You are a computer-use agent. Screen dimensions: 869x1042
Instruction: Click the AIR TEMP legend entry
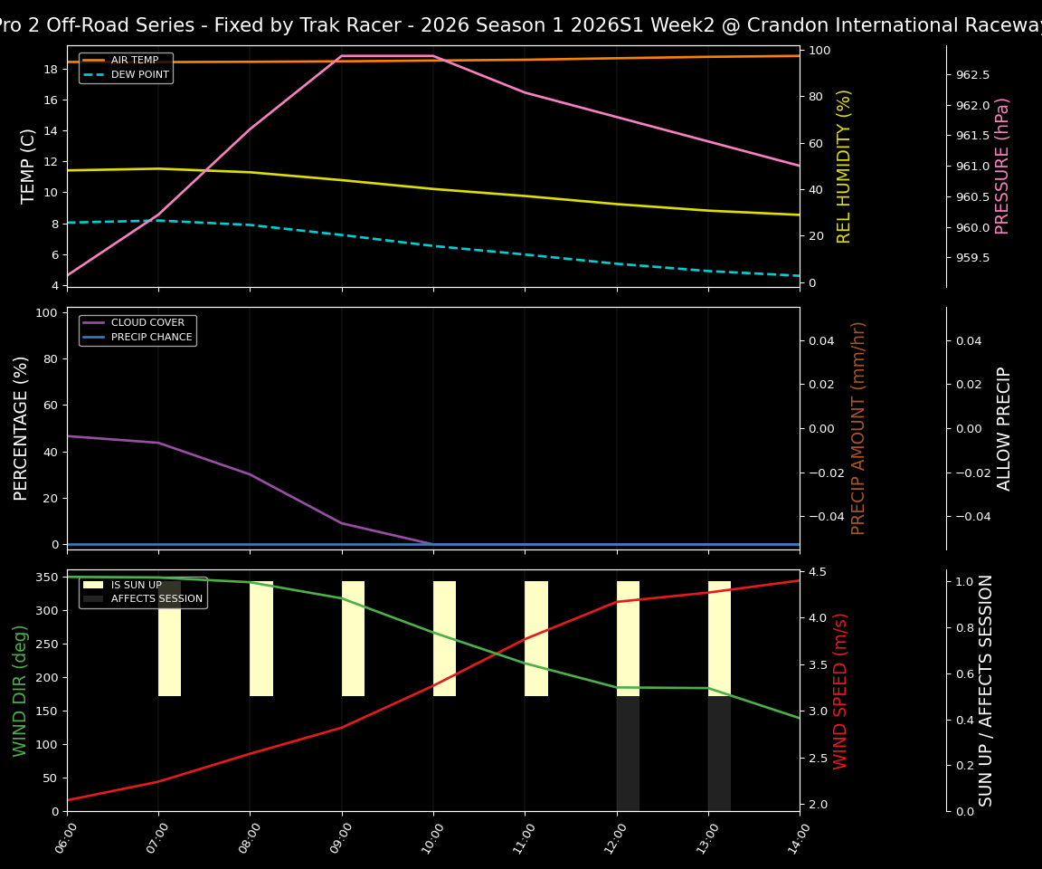pyautogui.click(x=135, y=61)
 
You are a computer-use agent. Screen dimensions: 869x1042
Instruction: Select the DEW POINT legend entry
pyautogui.click(x=139, y=75)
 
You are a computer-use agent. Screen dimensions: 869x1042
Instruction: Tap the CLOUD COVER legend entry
pyautogui.click(x=147, y=323)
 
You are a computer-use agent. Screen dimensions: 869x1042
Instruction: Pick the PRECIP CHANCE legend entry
pyautogui.click(x=151, y=338)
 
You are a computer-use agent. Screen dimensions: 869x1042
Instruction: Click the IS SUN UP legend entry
pyautogui.click(x=137, y=585)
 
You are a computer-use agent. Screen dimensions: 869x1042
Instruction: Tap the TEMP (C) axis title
pyautogui.click(x=29, y=166)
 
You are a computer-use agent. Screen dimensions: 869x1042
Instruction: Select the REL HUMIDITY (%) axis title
pyautogui.click(x=844, y=166)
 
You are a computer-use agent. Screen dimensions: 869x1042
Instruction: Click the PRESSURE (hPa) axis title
pyautogui.click(x=1002, y=166)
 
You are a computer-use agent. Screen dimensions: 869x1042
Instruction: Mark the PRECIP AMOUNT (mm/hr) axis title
pyautogui.click(x=858, y=428)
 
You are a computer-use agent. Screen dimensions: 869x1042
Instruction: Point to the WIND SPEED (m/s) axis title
pyautogui.click(x=841, y=691)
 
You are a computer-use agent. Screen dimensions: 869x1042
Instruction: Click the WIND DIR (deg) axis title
pyautogui.click(x=20, y=691)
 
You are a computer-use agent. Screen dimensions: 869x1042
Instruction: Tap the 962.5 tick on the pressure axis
pyautogui.click(x=973, y=74)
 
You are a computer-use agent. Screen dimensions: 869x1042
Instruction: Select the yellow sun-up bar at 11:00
pyautogui.click(x=536, y=638)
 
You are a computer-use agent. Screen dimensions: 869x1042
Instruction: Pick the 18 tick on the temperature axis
pyautogui.click(x=51, y=69)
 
